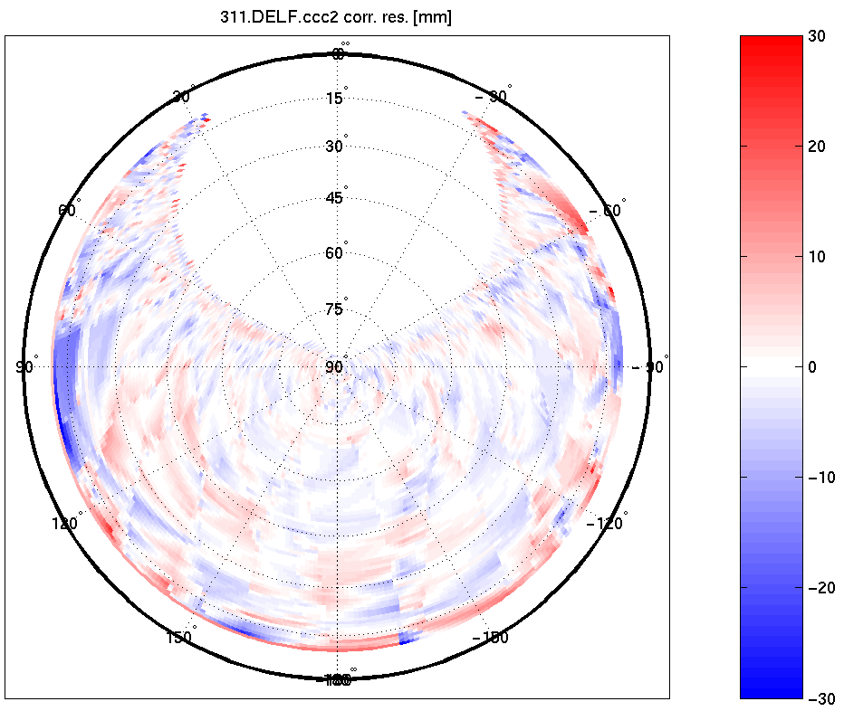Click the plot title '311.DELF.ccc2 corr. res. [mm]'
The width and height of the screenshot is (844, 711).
coord(337,18)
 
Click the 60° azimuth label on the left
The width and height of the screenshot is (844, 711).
coord(69,210)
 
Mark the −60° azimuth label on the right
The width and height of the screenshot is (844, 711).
coord(607,210)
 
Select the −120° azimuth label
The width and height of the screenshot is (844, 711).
coord(607,524)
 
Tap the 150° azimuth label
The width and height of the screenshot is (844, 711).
coord(179,638)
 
